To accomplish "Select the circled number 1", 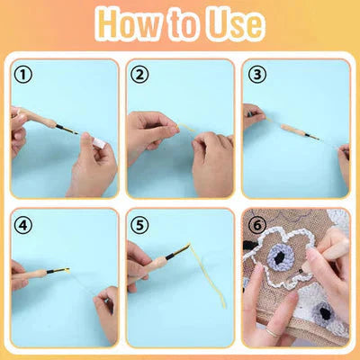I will tap(24, 76).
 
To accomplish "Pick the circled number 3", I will tap(257, 76).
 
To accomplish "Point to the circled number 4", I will tap(24, 224).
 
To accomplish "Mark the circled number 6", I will tap(257, 224).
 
